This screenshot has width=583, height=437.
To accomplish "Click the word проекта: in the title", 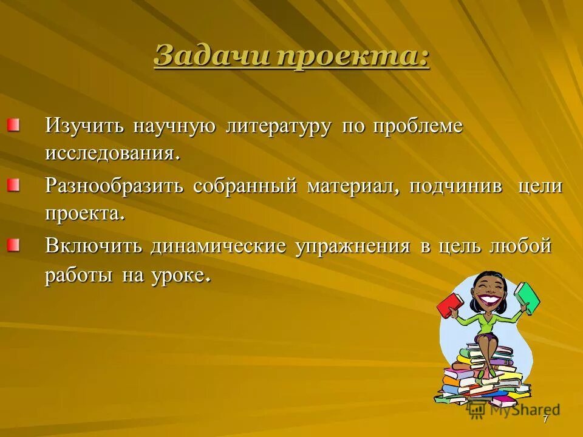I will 353,58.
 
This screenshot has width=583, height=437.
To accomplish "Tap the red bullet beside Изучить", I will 13,126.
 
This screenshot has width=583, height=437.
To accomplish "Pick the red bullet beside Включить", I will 13,245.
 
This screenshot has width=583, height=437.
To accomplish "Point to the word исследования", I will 112,153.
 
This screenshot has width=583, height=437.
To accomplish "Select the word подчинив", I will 455,186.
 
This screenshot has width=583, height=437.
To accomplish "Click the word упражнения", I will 352,247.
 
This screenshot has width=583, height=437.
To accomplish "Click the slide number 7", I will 545,419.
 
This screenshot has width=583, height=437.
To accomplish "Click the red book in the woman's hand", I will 449,305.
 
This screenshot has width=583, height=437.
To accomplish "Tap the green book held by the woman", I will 527,297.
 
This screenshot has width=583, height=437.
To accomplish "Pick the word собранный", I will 245,186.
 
